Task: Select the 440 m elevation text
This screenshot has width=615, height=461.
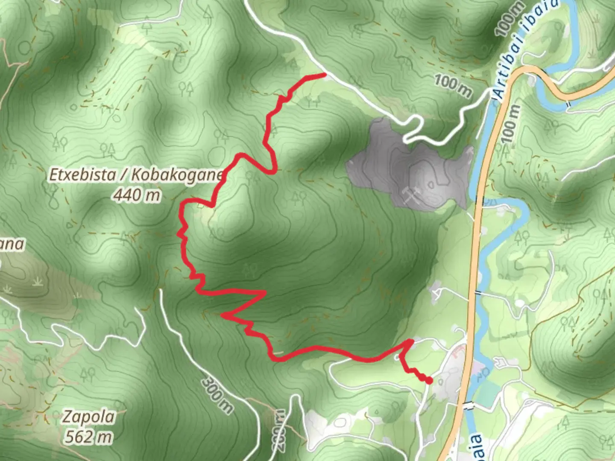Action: (137, 195)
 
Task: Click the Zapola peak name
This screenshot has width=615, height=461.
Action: (88, 417)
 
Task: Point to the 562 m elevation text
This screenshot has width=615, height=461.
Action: (89, 437)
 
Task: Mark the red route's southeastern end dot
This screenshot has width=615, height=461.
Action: (428, 380)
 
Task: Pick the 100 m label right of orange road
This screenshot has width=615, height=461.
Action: (511, 124)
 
